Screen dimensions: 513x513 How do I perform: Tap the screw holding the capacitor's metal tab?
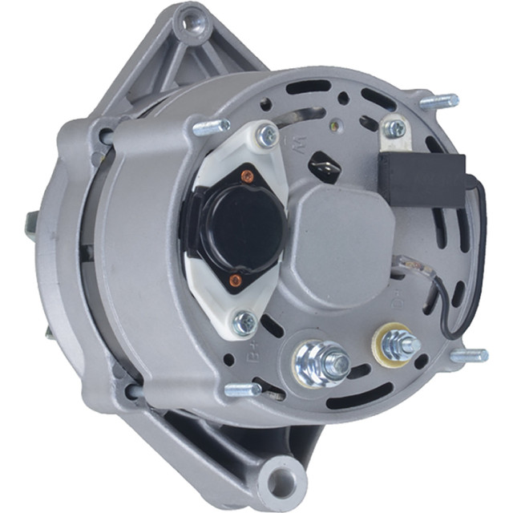coord(394,128)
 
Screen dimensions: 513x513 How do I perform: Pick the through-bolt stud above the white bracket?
coord(210,126)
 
